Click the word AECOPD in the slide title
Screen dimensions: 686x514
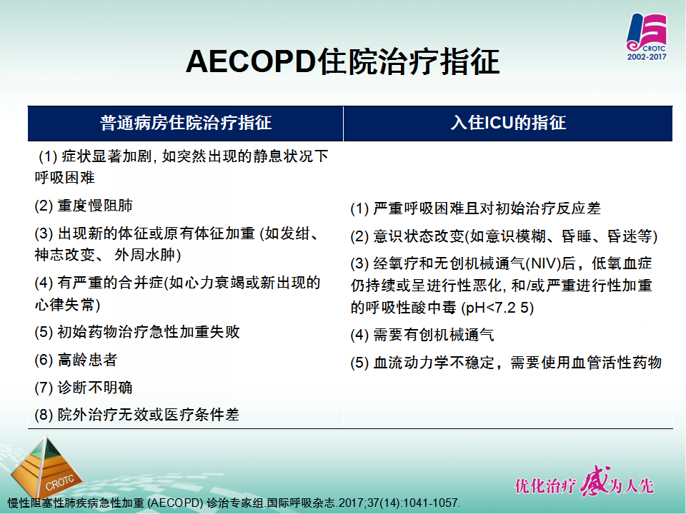click(x=251, y=61)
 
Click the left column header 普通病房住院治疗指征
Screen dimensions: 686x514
click(x=186, y=123)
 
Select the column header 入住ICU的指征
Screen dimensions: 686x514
click(x=508, y=123)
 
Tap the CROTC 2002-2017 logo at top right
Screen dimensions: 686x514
click(x=647, y=36)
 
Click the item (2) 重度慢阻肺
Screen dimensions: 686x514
click(x=84, y=206)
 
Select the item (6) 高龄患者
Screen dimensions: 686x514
click(x=76, y=360)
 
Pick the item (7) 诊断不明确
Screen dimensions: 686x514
click(x=84, y=388)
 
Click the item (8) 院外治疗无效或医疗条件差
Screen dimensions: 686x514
click(x=137, y=415)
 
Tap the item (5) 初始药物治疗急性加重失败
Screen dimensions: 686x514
click(x=137, y=332)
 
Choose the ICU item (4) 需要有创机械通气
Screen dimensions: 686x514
click(x=422, y=336)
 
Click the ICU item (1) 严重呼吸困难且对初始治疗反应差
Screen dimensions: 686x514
click(x=476, y=208)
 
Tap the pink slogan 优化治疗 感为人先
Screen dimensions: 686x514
click(x=584, y=483)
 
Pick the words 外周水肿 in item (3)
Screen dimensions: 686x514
click(x=144, y=255)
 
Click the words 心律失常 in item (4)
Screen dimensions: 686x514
click(x=65, y=305)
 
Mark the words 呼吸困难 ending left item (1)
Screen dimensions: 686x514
click(x=65, y=178)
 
